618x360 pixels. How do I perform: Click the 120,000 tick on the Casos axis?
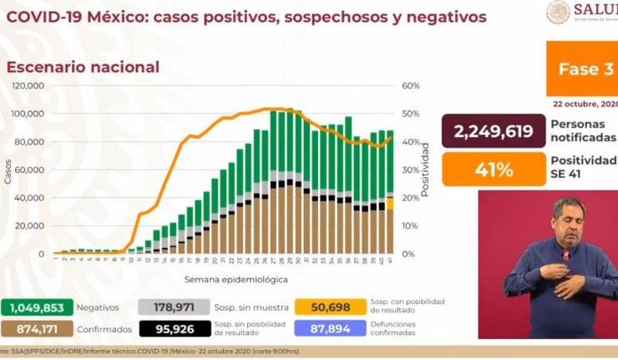(x=29, y=86)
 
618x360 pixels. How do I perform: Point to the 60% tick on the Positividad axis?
(x=410, y=86)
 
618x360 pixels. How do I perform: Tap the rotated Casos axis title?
(x=8, y=170)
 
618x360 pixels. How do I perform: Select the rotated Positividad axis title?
(x=425, y=170)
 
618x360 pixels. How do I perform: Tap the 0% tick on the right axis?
(x=407, y=254)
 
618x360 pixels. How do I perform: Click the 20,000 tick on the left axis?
(x=32, y=226)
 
